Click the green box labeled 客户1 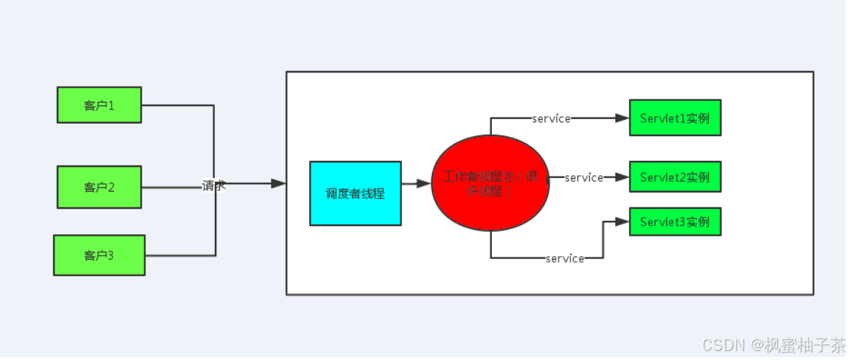pyautogui.click(x=99, y=105)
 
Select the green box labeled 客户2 pyautogui.click(x=99, y=187)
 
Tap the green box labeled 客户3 pyautogui.click(x=99, y=255)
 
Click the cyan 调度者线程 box pyautogui.click(x=355, y=193)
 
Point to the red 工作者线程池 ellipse pyautogui.click(x=490, y=184)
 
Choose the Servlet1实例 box pyautogui.click(x=675, y=118)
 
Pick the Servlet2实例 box pyautogui.click(x=675, y=177)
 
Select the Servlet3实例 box pyautogui.click(x=675, y=222)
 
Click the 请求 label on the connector pyautogui.click(x=213, y=186)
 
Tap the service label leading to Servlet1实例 pyautogui.click(x=551, y=118)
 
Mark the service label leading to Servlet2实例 pyautogui.click(x=584, y=177)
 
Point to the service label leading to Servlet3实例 pyautogui.click(x=565, y=258)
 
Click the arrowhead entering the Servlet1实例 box pyautogui.click(x=622, y=118)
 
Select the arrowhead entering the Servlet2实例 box pyautogui.click(x=622, y=177)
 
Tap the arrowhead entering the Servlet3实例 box pyautogui.click(x=622, y=222)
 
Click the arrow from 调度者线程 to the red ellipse pyautogui.click(x=416, y=183)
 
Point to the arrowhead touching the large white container pyautogui.click(x=279, y=183)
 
